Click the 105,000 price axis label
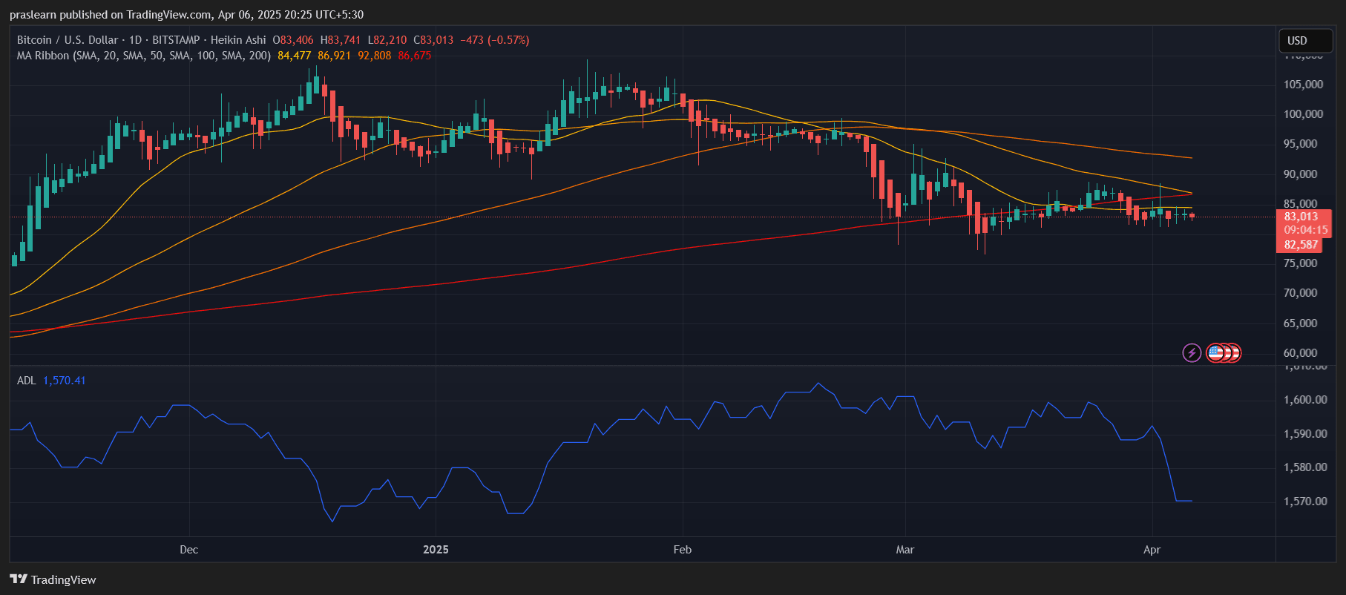(1303, 85)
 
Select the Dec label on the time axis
(188, 550)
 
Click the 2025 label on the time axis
(436, 550)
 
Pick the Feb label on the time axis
(682, 550)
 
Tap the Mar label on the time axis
(905, 550)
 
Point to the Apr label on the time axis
(1152, 550)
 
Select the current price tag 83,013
(1301, 217)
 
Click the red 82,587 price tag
(1301, 245)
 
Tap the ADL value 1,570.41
(64, 381)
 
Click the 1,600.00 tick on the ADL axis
(1304, 400)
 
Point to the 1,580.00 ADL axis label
(1304, 467)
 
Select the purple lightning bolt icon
(1192, 352)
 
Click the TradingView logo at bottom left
(53, 579)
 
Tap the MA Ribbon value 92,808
(374, 56)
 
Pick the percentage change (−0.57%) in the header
(508, 40)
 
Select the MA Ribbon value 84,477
(294, 56)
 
